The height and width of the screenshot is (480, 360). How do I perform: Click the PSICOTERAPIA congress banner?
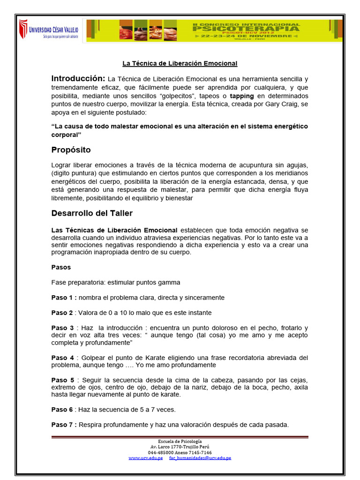pyautogui.click(x=215, y=30)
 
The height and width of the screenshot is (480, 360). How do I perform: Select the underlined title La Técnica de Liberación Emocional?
pyautogui.click(x=180, y=63)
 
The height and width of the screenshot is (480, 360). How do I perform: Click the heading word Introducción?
pyautogui.click(x=78, y=78)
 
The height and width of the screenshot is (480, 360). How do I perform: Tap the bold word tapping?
pyautogui.click(x=242, y=96)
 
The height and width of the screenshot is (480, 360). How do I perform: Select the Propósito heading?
pyautogui.click(x=71, y=150)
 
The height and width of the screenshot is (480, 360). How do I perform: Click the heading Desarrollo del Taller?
pyautogui.click(x=92, y=213)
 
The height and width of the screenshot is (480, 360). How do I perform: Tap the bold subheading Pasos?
pyautogui.click(x=61, y=267)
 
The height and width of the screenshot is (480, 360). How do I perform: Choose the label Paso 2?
pyautogui.click(x=62, y=313)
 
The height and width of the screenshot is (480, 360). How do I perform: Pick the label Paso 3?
pyautogui.click(x=62, y=328)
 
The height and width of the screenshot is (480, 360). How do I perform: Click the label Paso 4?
pyautogui.click(x=62, y=358)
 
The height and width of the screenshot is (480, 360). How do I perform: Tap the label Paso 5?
pyautogui.click(x=62, y=380)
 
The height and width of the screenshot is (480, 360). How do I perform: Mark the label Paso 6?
pyautogui.click(x=62, y=410)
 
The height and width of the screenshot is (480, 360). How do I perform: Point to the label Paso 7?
pyautogui.click(x=62, y=425)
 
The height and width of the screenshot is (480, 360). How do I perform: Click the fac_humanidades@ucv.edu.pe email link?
pyautogui.click(x=200, y=457)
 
